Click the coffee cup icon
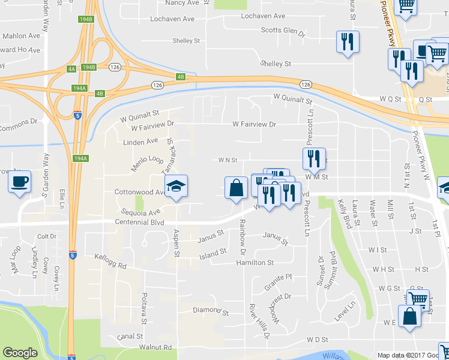coord(20,181)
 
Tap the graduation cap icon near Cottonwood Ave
coord(176,187)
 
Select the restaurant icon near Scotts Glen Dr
coord(348,43)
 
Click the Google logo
coord(20,353)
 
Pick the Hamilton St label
coord(255,263)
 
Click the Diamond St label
coord(211,312)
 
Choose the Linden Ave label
coord(140,142)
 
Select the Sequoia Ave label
coord(137,212)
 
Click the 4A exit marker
coord(71,70)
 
